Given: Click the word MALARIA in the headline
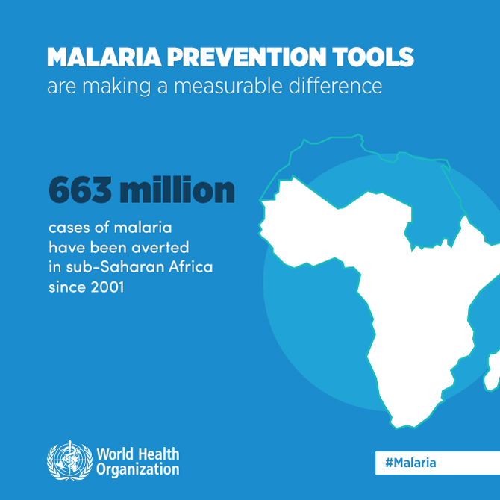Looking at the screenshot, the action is (x=104, y=57).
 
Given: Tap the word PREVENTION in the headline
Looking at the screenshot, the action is (x=246, y=57).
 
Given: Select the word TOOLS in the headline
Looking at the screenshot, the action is (x=373, y=57).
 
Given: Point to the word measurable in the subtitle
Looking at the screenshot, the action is (x=228, y=86).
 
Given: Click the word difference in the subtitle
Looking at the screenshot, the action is (x=336, y=86).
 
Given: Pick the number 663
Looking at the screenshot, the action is (x=81, y=190).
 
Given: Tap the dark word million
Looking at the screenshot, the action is (x=178, y=190).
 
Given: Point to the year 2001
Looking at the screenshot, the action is (x=107, y=287).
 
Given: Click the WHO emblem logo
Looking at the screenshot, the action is (x=70, y=460).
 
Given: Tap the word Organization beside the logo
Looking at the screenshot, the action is (x=138, y=469).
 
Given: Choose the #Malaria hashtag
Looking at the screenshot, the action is (x=410, y=463).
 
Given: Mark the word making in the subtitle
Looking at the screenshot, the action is (x=116, y=87).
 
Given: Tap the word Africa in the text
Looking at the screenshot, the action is (x=191, y=267).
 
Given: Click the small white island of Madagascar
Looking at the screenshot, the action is (x=493, y=371).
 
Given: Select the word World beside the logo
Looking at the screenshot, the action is (x=116, y=454).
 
